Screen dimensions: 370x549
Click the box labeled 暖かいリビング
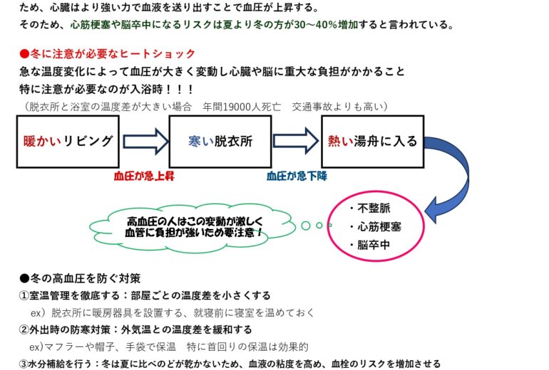tap(68, 141)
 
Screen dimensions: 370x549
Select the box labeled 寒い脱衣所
tap(220, 141)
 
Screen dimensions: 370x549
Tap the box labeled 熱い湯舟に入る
tap(372, 141)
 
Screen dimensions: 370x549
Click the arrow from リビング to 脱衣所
tap(145, 141)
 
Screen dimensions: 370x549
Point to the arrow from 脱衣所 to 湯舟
tap(296, 141)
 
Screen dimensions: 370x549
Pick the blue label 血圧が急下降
tap(296, 174)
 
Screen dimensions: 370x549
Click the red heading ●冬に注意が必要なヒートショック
tap(108, 55)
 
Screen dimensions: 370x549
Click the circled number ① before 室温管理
tap(24, 295)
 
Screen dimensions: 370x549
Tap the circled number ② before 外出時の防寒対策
tap(24, 329)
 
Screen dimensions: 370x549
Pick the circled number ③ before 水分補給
tap(24, 364)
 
